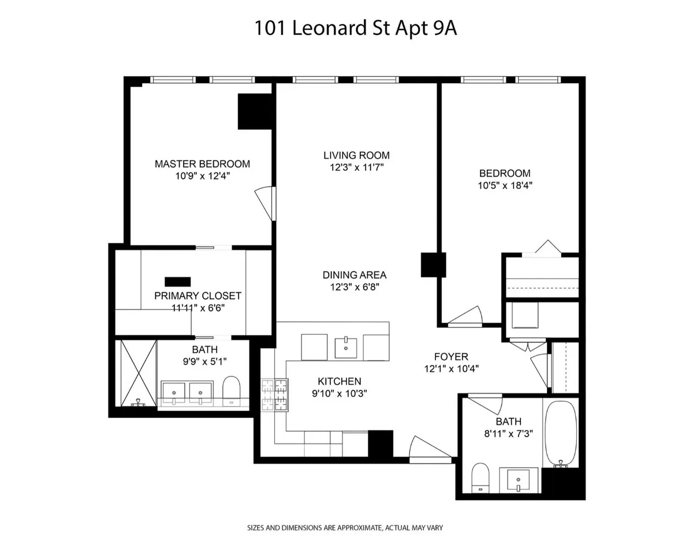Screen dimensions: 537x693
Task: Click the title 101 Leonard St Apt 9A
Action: pos(356,28)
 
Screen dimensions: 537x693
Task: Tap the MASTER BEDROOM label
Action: pos(202,164)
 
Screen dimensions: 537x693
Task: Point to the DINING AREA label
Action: pos(355,275)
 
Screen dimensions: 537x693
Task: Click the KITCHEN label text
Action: pos(340,381)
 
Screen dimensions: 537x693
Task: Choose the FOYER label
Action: pos(451,357)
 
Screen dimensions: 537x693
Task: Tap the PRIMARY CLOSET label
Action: pos(198,296)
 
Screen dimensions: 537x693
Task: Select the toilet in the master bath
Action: pos(231,391)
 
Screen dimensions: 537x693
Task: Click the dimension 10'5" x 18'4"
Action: pos(505,186)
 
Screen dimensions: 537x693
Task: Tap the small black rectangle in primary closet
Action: pos(177,282)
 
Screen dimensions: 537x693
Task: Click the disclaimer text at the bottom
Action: pos(345,528)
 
